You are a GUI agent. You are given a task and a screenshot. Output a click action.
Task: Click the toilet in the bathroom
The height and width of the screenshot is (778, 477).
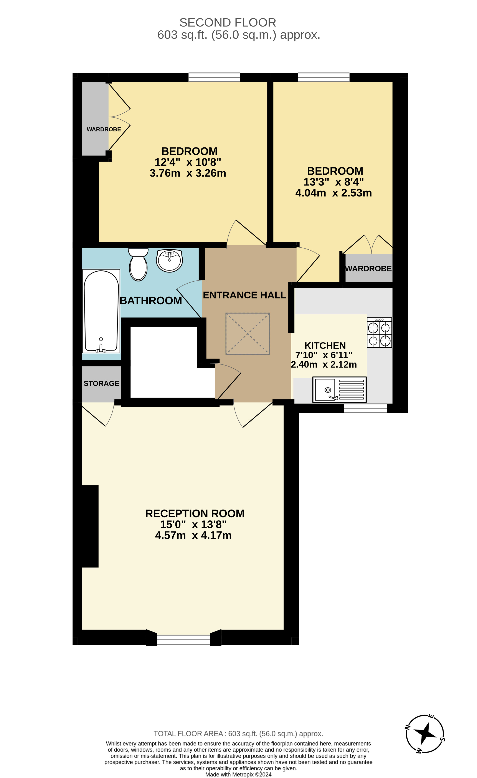coord(138,265)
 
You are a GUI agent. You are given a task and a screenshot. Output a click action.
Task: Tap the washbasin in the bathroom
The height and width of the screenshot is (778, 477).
coord(169,260)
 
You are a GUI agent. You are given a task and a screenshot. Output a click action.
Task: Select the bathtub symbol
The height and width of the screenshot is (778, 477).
coord(101,311)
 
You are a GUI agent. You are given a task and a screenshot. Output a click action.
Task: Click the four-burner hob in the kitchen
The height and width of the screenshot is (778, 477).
coord(379,333)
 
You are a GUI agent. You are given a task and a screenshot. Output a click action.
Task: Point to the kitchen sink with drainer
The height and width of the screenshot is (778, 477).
coord(339,389)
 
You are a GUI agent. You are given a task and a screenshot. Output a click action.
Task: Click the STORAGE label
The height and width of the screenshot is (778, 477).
coord(101,384)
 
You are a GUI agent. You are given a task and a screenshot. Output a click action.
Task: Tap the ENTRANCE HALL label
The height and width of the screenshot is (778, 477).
coord(244,295)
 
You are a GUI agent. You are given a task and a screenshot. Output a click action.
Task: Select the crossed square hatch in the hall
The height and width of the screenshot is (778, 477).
coord(248,334)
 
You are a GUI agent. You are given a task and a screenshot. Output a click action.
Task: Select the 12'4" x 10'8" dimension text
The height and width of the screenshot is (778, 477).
coord(188,162)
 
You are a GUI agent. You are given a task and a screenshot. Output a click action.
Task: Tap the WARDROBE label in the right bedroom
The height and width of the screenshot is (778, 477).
coord(368,269)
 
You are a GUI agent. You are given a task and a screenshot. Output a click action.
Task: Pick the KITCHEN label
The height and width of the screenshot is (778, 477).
coord(325,346)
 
